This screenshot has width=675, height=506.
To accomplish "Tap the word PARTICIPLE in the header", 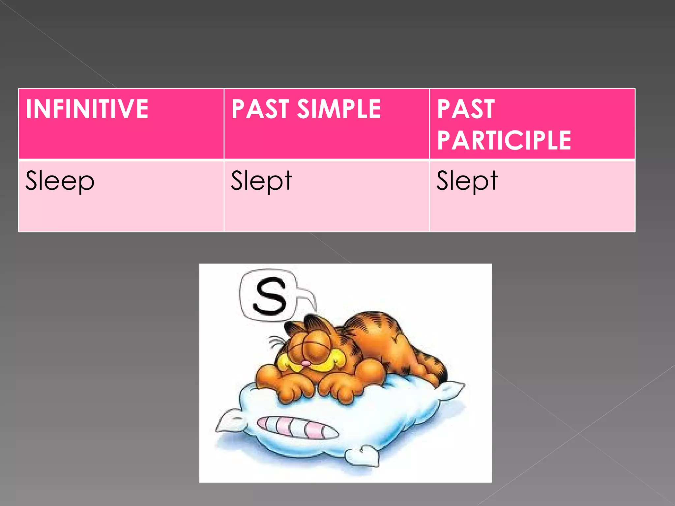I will click(504, 140).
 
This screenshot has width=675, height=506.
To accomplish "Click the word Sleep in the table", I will click(60, 181).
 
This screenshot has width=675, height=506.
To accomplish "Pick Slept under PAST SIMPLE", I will click(261, 181).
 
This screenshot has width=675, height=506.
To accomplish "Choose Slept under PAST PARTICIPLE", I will click(467, 181).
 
